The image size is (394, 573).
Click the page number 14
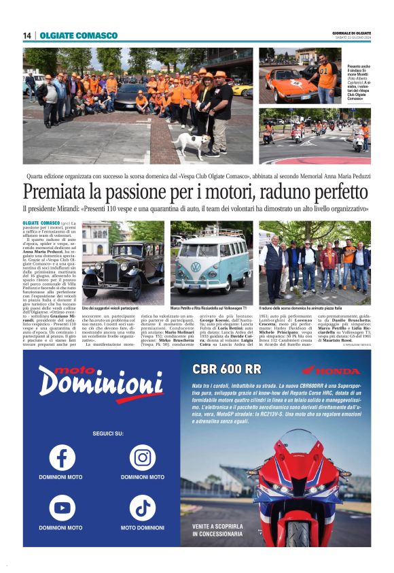(27, 35)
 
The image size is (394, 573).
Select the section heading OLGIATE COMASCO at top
(69, 35)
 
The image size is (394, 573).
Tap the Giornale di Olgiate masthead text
(352, 33)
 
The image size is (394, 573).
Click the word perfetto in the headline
(335, 190)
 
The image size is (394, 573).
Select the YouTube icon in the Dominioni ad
(62, 508)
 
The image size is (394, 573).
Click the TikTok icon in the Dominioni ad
(142, 508)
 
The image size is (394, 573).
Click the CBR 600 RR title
(226, 370)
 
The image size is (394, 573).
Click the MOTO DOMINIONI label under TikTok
(142, 528)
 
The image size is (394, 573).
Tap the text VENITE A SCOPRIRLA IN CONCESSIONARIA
(217, 531)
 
